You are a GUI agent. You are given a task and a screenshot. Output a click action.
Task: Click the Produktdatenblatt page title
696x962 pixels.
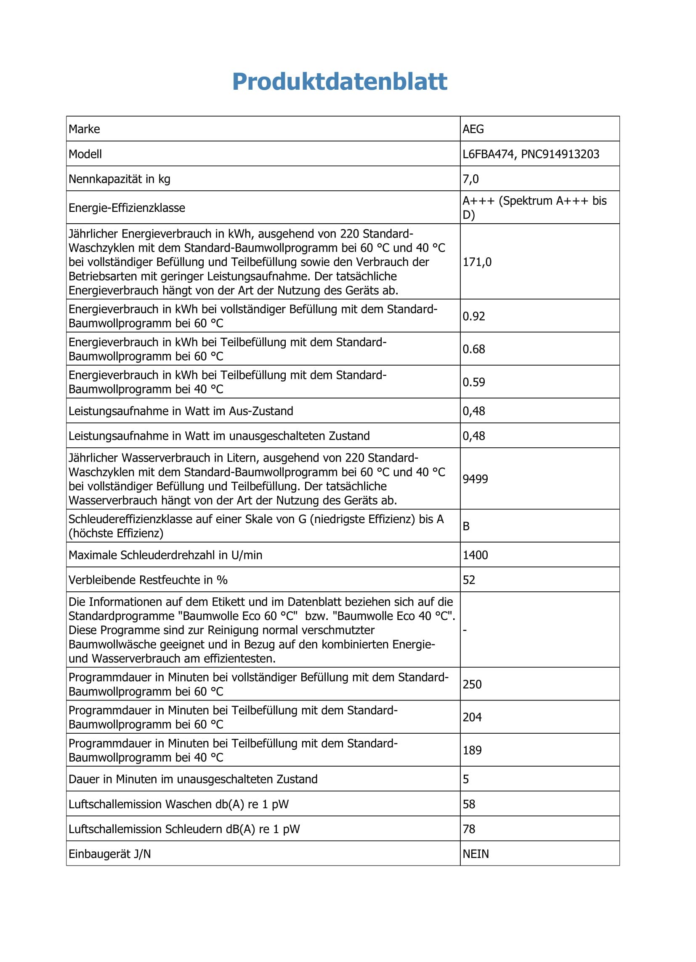[x=340, y=81]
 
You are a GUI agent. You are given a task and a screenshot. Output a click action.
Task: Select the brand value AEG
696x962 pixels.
[x=473, y=129]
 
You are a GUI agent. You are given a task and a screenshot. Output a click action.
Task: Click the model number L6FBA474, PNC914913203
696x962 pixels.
[x=531, y=154]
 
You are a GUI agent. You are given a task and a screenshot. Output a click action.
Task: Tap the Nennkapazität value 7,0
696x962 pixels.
[x=470, y=179]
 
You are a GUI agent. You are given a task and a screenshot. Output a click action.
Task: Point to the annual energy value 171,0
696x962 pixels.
[x=477, y=262]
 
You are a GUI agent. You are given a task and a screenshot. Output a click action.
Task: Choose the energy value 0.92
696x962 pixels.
[x=473, y=316]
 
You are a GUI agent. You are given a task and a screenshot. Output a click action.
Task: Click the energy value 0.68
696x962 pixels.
[x=473, y=349]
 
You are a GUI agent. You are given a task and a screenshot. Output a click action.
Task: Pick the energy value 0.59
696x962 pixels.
[x=473, y=382]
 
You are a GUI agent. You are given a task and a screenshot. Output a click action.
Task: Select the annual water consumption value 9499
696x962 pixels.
[x=475, y=479]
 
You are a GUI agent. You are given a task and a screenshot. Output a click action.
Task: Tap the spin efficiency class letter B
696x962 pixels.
[x=466, y=526]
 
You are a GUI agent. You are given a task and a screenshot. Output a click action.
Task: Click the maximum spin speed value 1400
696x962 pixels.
[x=475, y=555]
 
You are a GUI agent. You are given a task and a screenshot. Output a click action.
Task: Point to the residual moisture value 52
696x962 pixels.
[x=469, y=580]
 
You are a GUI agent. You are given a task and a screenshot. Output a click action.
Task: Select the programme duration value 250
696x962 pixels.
[x=472, y=684]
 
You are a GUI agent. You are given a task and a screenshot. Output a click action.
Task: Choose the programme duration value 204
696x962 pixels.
[x=472, y=717]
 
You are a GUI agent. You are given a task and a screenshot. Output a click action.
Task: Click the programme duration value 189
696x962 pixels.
[x=472, y=750]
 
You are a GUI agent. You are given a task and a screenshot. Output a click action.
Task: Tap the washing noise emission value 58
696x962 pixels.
[x=469, y=804]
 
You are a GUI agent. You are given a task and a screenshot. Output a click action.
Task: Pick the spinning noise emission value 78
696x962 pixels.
[x=469, y=829]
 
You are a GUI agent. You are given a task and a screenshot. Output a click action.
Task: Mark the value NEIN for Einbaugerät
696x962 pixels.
[x=476, y=854]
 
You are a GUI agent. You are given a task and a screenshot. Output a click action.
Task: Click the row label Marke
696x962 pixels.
[x=84, y=129]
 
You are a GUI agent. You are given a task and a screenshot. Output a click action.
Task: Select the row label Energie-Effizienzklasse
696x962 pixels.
[x=127, y=208]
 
